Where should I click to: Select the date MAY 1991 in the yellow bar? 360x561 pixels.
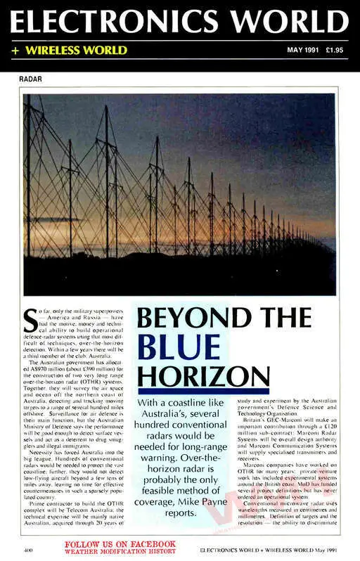pyautogui.click(x=301, y=51)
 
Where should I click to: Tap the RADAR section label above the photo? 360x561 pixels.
pyautogui.click(x=31, y=79)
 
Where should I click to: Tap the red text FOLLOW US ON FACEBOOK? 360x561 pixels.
pyautogui.click(x=120, y=544)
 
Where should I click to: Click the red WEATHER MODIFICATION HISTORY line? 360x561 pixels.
pyautogui.click(x=120, y=552)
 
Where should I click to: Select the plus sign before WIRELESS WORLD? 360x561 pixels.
pyautogui.click(x=14, y=51)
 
